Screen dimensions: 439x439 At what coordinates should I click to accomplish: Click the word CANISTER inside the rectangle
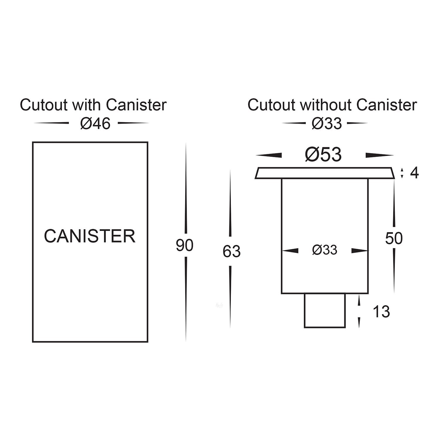[90, 236]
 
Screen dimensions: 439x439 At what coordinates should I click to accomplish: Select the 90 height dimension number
[184, 245]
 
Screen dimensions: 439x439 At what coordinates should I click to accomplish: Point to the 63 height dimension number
[231, 251]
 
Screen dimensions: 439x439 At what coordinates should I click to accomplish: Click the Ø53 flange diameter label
[323, 155]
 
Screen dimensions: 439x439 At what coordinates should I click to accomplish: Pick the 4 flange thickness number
[414, 173]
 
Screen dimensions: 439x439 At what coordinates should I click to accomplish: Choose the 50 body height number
[394, 238]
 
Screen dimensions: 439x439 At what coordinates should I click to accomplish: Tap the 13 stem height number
[381, 312]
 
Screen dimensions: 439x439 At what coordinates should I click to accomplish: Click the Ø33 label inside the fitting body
[325, 250]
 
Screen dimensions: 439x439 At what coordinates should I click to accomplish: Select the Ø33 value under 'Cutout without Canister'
[327, 124]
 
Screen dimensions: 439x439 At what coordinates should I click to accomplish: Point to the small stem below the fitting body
[325, 311]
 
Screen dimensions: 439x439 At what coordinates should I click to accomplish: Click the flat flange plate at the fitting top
[325, 173]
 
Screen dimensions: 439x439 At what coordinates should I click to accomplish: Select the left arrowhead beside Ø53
[269, 155]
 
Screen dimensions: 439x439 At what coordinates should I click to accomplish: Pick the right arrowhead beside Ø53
[379, 155]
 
